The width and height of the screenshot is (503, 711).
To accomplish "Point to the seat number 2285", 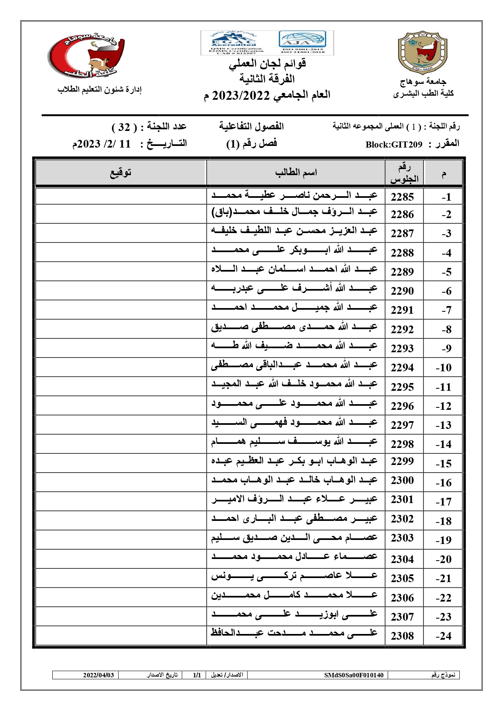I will (x=402, y=197).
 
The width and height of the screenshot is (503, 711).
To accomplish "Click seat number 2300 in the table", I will (x=402, y=480).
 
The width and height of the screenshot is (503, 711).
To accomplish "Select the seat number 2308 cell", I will (x=402, y=636).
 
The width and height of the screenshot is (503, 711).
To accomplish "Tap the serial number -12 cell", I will (x=443, y=406).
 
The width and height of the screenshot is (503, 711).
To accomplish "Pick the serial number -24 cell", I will (x=443, y=636).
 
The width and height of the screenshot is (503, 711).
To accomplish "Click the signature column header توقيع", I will (x=121, y=173).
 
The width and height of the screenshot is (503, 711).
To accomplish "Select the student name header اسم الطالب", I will (x=296, y=173).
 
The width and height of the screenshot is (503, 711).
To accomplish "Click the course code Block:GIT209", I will (x=394, y=145).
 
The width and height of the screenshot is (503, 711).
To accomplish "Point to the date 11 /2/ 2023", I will (x=102, y=144).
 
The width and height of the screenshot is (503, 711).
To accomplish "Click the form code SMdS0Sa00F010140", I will (x=353, y=675).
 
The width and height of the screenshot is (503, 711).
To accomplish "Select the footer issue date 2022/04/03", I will (x=98, y=675).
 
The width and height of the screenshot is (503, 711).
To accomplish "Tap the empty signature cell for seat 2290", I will (x=121, y=291).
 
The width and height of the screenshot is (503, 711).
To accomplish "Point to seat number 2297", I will (x=402, y=425).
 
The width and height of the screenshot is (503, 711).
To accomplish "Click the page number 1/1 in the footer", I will (x=197, y=675).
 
